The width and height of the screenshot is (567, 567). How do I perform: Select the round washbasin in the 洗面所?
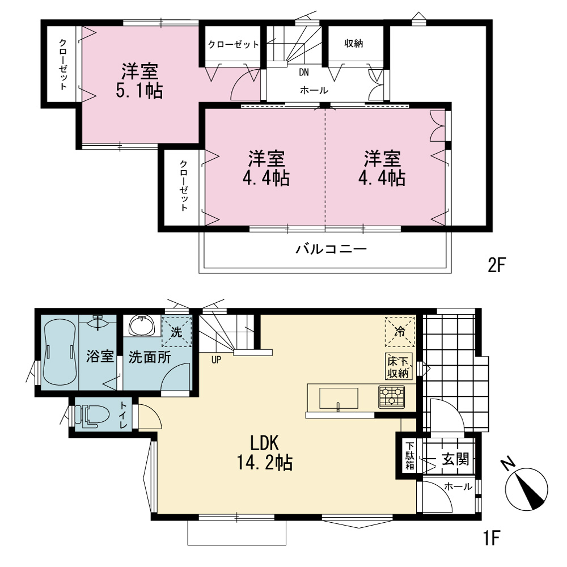(142, 325)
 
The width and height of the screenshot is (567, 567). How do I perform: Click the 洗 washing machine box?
(176, 332)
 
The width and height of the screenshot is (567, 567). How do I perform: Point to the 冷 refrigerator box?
(400, 332)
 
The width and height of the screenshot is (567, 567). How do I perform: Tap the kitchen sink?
(339, 399)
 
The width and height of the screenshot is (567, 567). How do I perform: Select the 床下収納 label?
(399, 366)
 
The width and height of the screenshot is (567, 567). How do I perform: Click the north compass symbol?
(525, 486)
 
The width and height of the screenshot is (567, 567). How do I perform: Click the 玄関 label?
(456, 459)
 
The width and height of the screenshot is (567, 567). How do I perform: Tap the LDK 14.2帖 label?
(265, 452)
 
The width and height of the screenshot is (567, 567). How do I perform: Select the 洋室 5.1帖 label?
(139, 81)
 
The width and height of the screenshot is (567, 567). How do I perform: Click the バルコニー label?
(331, 249)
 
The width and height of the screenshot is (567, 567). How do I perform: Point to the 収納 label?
(354, 44)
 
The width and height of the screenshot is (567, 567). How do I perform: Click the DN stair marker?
(304, 73)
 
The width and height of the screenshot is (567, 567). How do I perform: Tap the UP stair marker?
(216, 360)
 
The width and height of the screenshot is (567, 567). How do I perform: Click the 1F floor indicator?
(492, 538)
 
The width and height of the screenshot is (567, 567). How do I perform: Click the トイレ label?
(123, 415)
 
